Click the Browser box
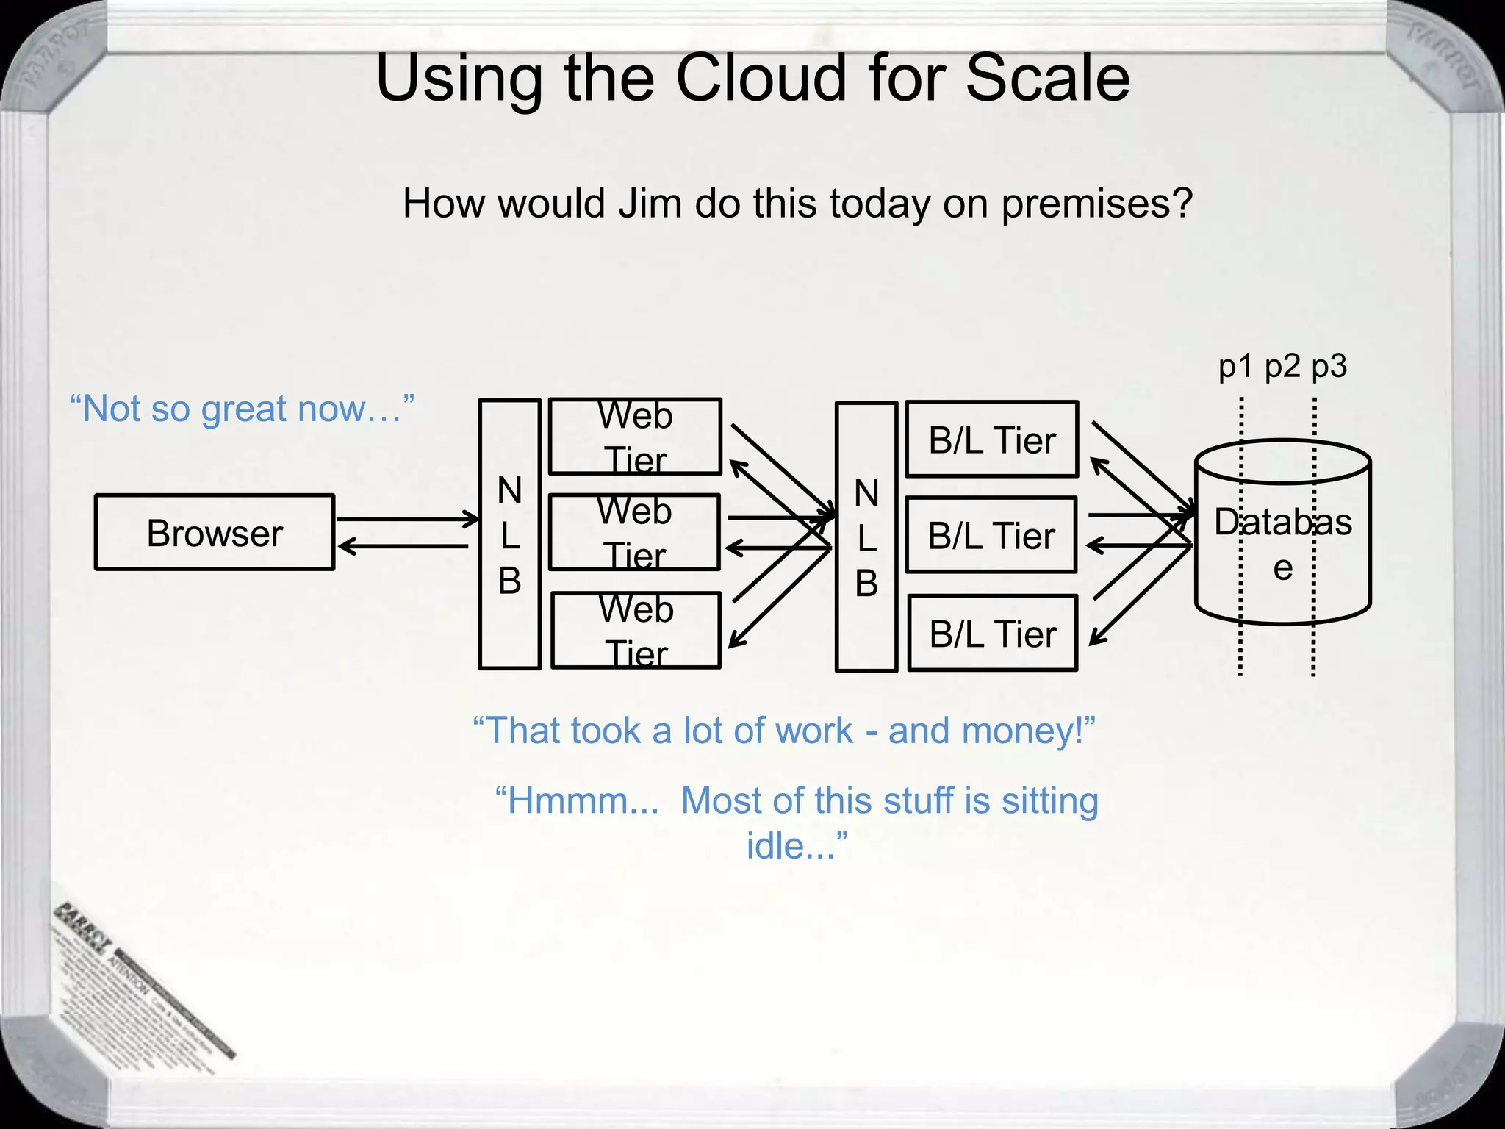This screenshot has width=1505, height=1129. (x=215, y=532)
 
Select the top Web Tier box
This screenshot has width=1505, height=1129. (x=635, y=437)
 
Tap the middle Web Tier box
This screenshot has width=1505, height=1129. (x=634, y=532)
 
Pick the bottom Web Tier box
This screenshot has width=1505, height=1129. (x=636, y=631)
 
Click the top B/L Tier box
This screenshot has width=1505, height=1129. (x=992, y=440)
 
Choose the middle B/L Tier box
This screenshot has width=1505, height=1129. (x=991, y=535)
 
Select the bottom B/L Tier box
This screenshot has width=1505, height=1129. (x=993, y=633)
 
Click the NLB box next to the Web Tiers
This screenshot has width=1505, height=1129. (x=509, y=534)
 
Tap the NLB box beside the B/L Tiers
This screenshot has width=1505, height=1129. (x=866, y=537)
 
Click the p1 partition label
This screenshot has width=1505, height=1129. (x=1236, y=366)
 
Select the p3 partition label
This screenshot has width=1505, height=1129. (x=1329, y=366)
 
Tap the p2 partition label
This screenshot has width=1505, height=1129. (x=1282, y=366)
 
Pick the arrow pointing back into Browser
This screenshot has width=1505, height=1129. (x=404, y=546)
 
